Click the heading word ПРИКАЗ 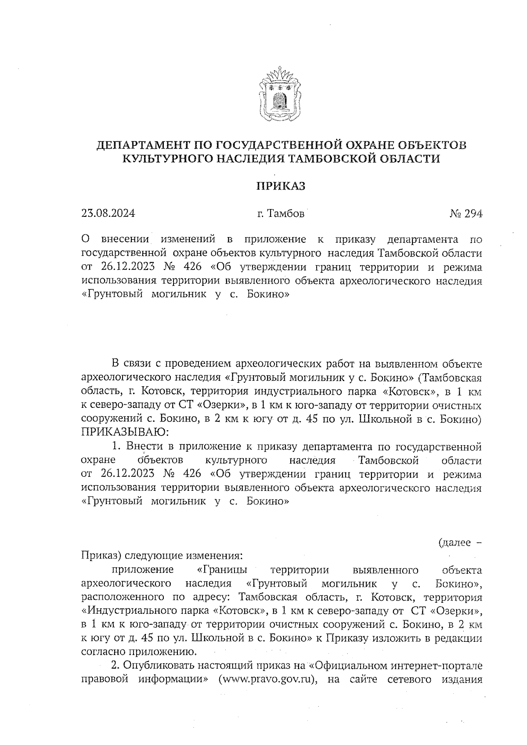[x=281, y=186]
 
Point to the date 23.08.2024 [x=108, y=214]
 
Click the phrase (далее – [x=460, y=543]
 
